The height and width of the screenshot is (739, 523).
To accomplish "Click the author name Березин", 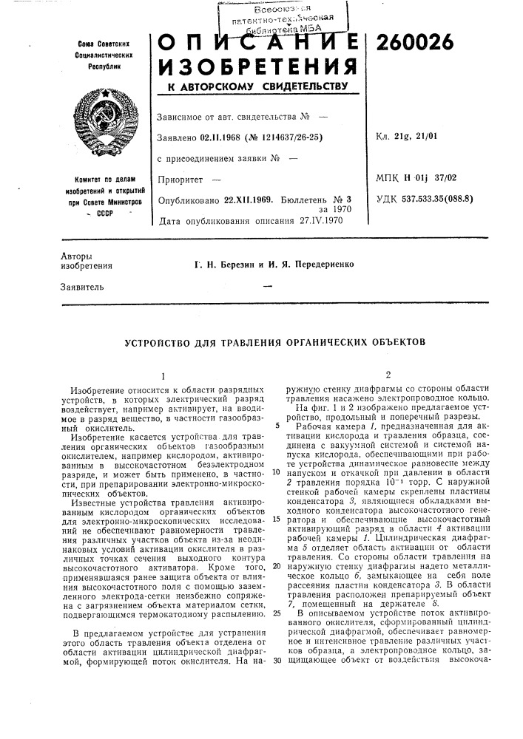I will click(x=229, y=262).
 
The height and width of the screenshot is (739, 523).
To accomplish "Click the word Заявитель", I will click(x=81, y=285).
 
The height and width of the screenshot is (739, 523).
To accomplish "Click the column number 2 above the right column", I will click(x=387, y=374).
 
